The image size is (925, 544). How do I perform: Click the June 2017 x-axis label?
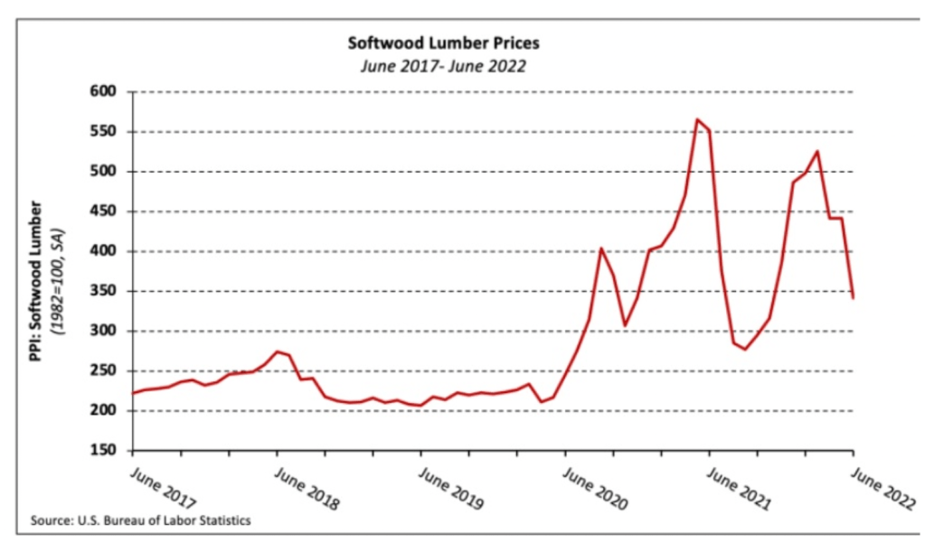(x=163, y=488)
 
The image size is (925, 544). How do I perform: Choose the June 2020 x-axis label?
(x=595, y=488)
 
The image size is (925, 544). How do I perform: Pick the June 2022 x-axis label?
(x=882, y=488)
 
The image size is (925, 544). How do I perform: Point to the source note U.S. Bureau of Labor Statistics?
(x=140, y=521)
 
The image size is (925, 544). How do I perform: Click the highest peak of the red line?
(x=697, y=119)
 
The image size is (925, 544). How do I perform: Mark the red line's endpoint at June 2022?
(x=854, y=297)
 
